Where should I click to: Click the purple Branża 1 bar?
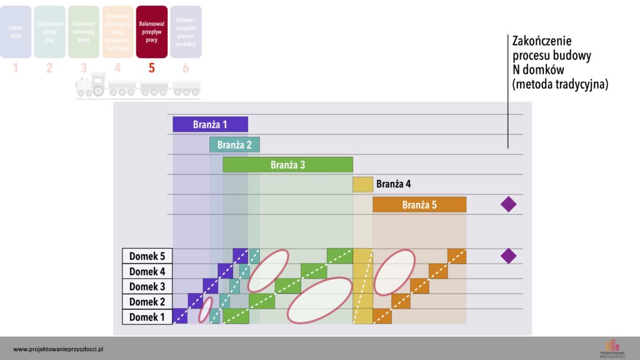tap(210, 124)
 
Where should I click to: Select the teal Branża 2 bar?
tap(234, 145)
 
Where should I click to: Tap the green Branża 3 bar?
tap(287, 165)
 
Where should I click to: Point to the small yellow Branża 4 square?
tap(362, 184)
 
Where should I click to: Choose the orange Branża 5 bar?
tap(419, 204)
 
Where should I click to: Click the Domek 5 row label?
tap(147, 256)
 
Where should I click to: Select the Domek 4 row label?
tap(147, 271)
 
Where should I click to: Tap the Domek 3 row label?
tap(147, 286)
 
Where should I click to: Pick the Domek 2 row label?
tap(147, 302)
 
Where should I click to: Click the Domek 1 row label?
tap(147, 317)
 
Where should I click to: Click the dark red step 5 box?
tap(151, 32)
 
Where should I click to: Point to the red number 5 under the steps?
tap(151, 68)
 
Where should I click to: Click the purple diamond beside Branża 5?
tap(509, 204)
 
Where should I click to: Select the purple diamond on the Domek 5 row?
tap(509, 256)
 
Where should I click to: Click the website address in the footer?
tap(57, 349)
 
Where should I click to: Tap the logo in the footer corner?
tap(611, 347)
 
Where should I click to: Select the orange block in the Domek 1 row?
tap(382, 317)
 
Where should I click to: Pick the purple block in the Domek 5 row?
tap(241, 256)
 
